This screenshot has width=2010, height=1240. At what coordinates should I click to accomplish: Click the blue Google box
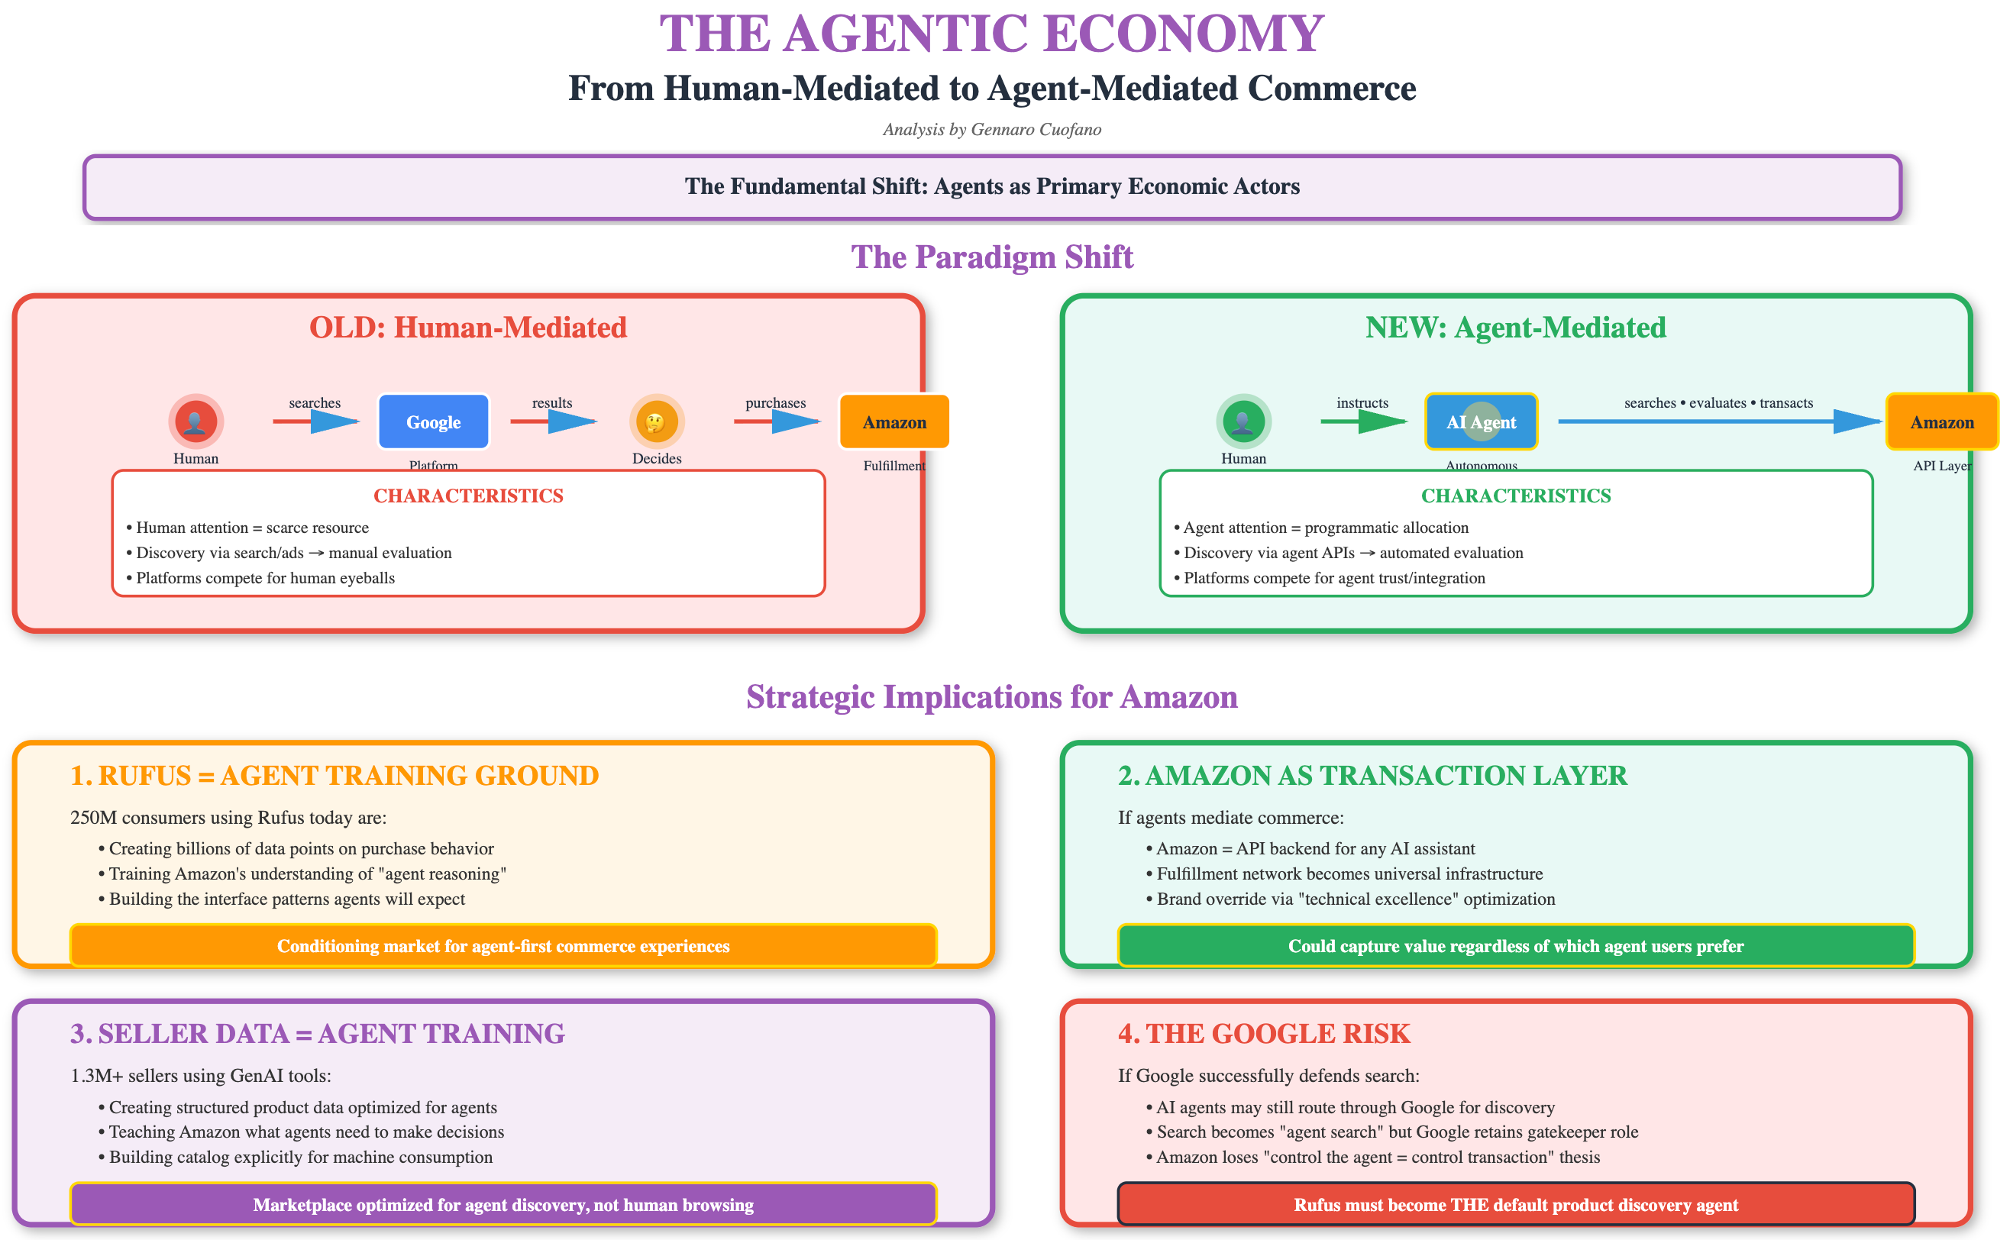click(x=433, y=422)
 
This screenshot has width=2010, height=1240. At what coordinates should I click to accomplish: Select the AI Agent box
click(x=1481, y=422)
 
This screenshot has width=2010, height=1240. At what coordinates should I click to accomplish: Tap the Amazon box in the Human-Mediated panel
click(x=894, y=422)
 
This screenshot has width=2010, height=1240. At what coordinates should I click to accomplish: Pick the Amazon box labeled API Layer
click(x=1942, y=422)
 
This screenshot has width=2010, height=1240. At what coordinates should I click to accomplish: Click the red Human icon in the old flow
click(x=196, y=421)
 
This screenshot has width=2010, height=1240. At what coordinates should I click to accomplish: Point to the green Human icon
click(x=1243, y=421)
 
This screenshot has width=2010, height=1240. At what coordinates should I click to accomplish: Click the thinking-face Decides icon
click(x=656, y=421)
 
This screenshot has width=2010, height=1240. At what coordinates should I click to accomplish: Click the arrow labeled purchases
click(x=777, y=421)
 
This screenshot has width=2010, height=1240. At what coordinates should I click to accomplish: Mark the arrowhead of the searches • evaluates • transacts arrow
click(x=1857, y=421)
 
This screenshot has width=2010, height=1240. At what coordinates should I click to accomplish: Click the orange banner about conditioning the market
click(x=503, y=946)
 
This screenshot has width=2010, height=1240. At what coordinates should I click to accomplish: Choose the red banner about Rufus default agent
click(x=1515, y=1205)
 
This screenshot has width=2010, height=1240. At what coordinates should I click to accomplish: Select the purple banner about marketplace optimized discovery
click(x=503, y=1205)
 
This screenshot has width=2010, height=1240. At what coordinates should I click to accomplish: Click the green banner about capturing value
click(x=1515, y=946)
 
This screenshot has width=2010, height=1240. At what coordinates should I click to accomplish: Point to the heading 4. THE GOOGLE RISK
click(x=1264, y=1034)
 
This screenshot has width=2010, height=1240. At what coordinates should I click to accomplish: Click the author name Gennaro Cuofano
click(x=1036, y=130)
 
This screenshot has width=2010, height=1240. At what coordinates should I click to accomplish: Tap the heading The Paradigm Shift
click(x=991, y=257)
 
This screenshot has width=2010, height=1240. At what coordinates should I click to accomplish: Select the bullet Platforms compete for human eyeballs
click(x=265, y=578)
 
